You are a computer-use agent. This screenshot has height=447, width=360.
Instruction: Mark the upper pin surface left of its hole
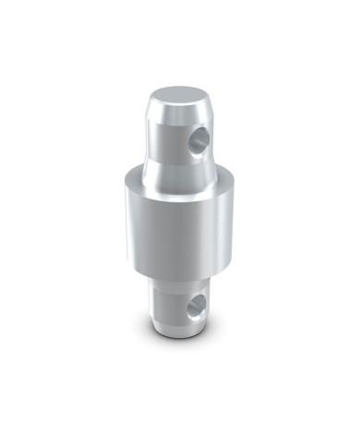[x=166, y=139]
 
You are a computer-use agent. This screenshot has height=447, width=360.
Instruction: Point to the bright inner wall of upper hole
[x=195, y=143]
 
